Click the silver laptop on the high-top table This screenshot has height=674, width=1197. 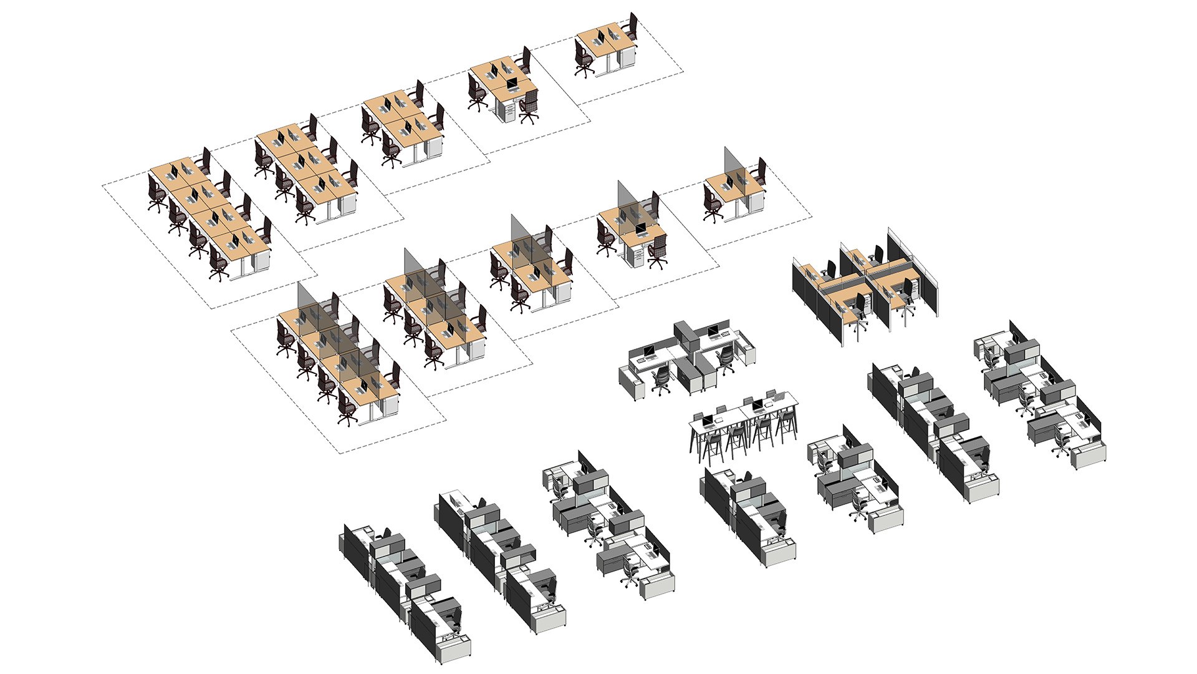(771, 396)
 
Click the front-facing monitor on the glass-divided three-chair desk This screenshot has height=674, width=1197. (641, 228)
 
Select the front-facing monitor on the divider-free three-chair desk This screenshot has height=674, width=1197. (511, 83)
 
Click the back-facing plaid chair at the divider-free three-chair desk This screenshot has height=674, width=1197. (529, 106)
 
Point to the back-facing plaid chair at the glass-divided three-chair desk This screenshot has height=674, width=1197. (658, 250)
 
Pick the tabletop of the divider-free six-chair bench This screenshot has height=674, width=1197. (305, 162)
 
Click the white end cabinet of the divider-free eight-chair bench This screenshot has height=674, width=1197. (261, 262)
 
